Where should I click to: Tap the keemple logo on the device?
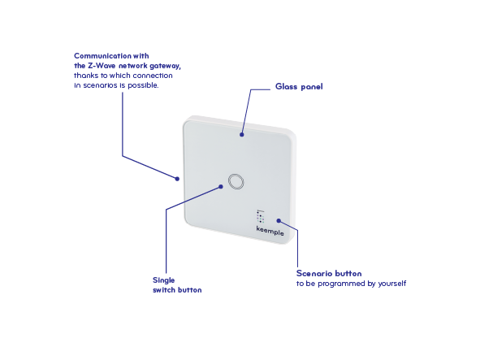click(x=270, y=231)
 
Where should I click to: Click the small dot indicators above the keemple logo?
click(x=261, y=216)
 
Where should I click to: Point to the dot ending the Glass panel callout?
click(x=242, y=135)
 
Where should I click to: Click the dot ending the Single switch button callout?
click(x=221, y=187)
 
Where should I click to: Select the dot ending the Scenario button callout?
click(x=279, y=220)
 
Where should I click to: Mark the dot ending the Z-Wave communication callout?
click(x=177, y=179)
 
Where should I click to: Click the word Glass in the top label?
click(x=286, y=86)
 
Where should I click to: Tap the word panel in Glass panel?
click(x=312, y=87)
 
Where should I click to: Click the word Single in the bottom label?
click(x=164, y=280)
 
